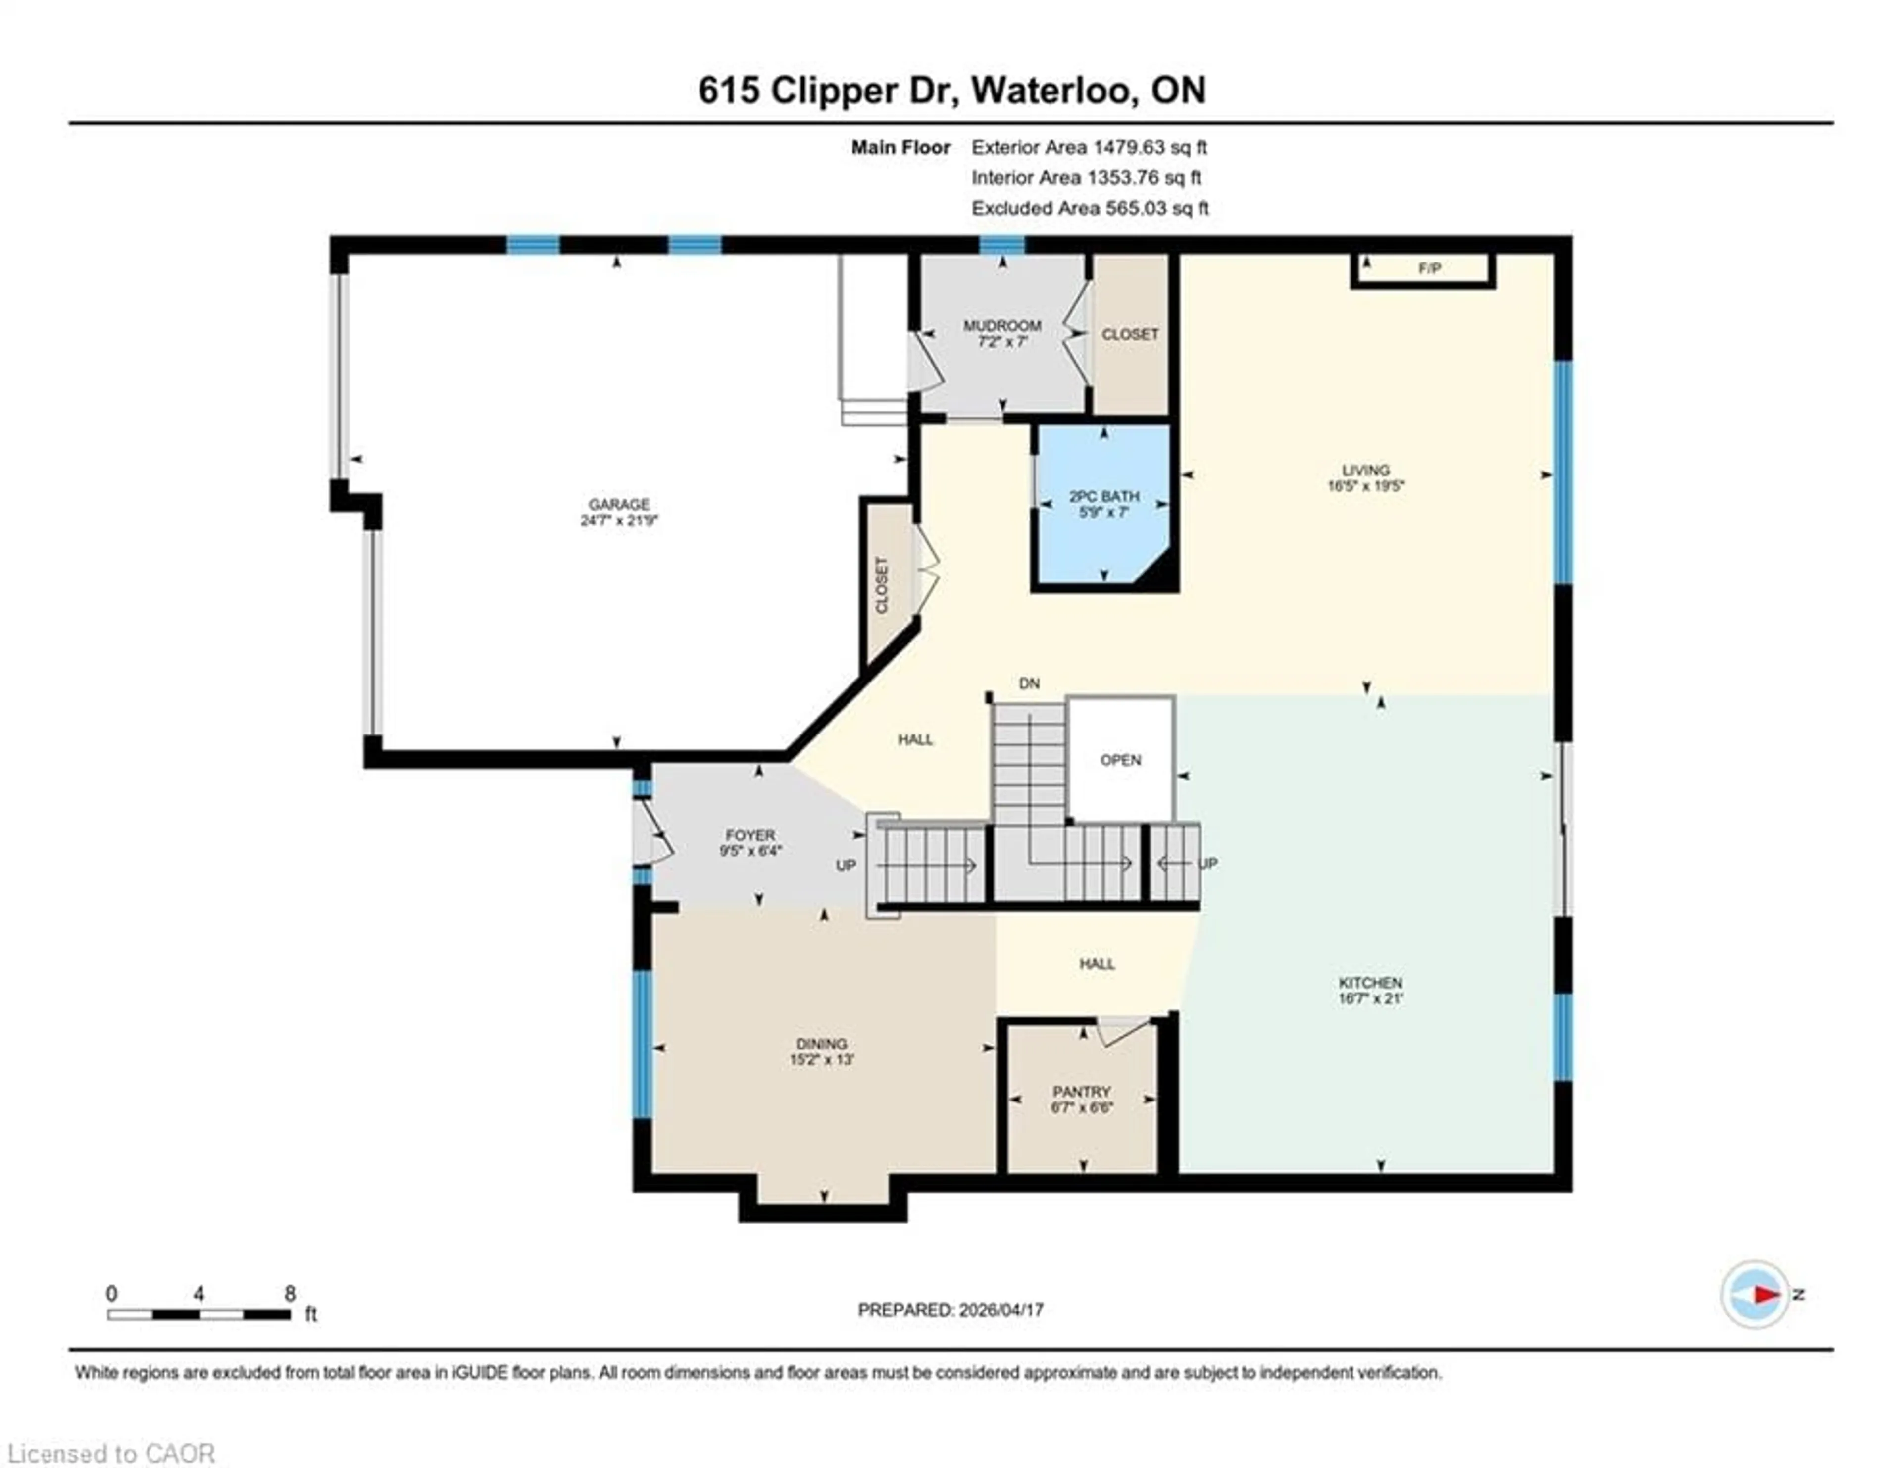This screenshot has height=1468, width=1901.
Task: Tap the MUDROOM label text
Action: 1002,325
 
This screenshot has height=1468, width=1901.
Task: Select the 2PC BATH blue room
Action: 1103,531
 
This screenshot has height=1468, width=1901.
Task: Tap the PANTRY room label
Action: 1081,1091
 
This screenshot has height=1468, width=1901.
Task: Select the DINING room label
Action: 821,1043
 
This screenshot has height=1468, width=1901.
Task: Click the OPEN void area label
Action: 1120,760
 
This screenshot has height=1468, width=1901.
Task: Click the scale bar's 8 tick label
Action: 290,1293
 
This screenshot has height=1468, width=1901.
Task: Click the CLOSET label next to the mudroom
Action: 1130,334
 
